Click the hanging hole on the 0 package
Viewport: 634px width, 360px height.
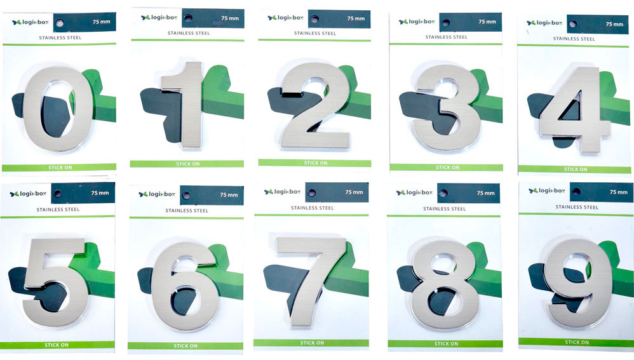(60, 23)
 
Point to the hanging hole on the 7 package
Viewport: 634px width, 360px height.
(314, 192)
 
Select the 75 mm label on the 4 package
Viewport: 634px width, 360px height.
(614, 24)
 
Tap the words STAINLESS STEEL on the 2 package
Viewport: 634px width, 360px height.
(315, 33)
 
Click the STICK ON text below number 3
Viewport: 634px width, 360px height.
(447, 168)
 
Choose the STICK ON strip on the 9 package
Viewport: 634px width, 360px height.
(577, 342)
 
